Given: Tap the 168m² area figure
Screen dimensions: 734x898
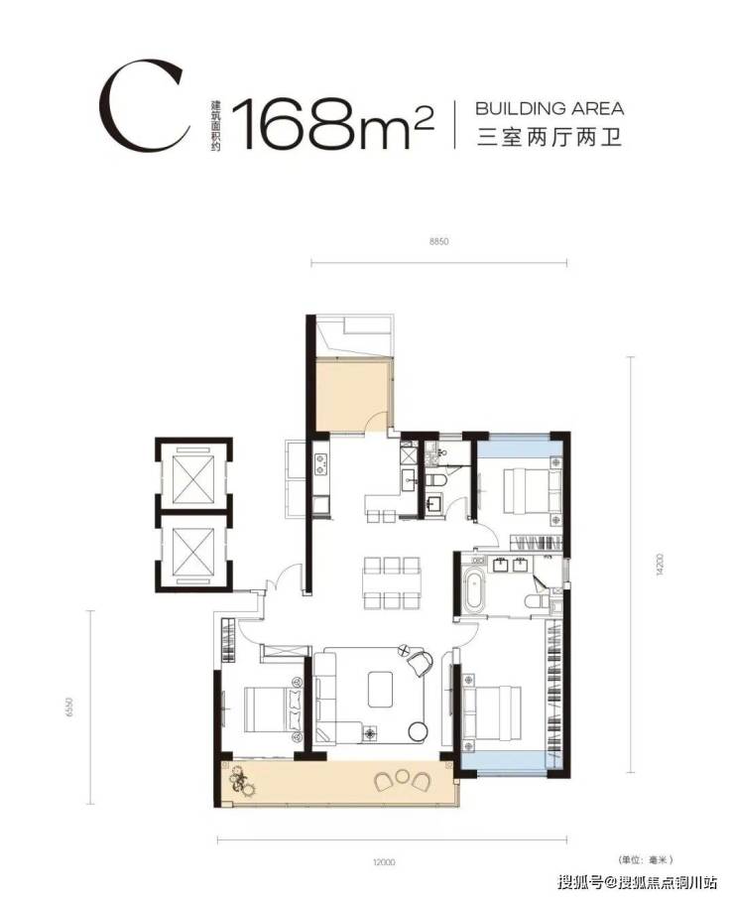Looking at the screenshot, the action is pyautogui.click(x=333, y=124).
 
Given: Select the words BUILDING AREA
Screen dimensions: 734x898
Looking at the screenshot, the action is pyautogui.click(x=550, y=108).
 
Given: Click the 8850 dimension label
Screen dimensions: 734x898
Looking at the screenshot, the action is pyautogui.click(x=438, y=242).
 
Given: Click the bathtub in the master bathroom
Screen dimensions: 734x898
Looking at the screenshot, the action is pyautogui.click(x=474, y=589).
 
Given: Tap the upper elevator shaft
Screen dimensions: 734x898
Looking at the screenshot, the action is pyautogui.click(x=193, y=476).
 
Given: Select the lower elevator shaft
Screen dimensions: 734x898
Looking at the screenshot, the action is pyautogui.click(x=193, y=551).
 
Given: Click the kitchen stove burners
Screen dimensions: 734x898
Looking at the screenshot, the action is pyautogui.click(x=320, y=463).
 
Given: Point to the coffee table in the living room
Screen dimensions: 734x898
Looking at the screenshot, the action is pyautogui.click(x=380, y=689).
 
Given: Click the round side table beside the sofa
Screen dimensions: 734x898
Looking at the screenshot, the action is pyautogui.click(x=418, y=730).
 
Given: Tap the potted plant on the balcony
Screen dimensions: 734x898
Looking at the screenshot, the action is pyautogui.click(x=242, y=781).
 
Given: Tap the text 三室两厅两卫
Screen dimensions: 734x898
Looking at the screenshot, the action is pyautogui.click(x=550, y=138).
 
